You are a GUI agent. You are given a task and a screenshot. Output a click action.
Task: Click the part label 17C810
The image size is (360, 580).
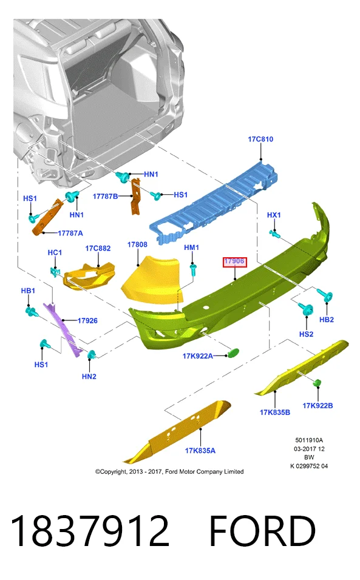(260, 139)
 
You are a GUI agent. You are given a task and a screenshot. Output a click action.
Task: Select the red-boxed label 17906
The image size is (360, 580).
(234, 261)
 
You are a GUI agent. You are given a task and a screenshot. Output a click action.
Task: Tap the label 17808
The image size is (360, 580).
(137, 244)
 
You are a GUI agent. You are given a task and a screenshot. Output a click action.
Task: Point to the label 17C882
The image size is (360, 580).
(98, 248)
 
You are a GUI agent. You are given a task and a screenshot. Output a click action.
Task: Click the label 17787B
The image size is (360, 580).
(105, 197)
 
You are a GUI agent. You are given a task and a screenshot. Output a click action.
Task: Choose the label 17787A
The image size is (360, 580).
(70, 234)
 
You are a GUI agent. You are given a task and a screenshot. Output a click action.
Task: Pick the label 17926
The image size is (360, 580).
(87, 321)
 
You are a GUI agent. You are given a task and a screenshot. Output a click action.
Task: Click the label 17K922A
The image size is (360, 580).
(198, 356)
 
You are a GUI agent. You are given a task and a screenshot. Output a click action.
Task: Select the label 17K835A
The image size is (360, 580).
(200, 451)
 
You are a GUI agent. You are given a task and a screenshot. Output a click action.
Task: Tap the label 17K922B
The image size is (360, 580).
(318, 406)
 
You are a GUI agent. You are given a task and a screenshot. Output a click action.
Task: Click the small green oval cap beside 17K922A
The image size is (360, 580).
(233, 353)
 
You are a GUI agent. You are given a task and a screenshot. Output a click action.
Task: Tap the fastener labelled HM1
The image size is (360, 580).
(193, 269)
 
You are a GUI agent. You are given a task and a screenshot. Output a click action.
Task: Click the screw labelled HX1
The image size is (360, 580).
(275, 234)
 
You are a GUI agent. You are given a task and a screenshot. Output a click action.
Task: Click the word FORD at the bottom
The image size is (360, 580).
(262, 531)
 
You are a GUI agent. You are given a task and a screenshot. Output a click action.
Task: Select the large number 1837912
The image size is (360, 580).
(90, 531)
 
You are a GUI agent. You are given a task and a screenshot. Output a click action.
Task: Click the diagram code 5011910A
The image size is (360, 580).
(309, 440)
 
